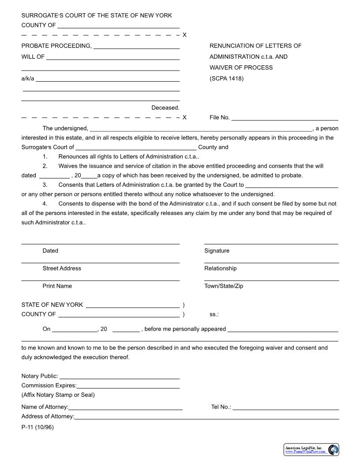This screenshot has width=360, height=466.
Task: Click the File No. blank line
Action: click(285, 119)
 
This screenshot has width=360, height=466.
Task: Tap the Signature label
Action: click(217, 251)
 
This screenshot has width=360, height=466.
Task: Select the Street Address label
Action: click(62, 268)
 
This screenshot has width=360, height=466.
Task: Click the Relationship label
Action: click(220, 268)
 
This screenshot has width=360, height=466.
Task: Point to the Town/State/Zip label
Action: click(223, 286)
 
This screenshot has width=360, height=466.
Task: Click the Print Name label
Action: click(57, 286)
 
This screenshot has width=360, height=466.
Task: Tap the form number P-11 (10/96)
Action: click(37, 427)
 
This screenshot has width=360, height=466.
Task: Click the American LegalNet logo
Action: click(311, 450)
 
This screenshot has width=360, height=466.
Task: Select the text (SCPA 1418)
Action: click(226, 79)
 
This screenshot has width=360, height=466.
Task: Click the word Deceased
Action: click(165, 108)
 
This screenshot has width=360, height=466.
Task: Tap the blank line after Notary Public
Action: click(119, 378)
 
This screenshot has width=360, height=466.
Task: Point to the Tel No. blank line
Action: click(285, 409)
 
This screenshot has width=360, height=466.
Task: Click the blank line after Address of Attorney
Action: click(206, 418)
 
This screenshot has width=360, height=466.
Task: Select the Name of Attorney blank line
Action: click(125, 409)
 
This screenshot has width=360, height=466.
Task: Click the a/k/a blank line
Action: click(108, 81)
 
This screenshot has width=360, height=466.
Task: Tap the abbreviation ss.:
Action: click(214, 314)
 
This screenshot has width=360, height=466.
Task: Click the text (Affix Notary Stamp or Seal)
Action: click(58, 395)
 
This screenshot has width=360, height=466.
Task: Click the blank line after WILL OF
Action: click(112, 59)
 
